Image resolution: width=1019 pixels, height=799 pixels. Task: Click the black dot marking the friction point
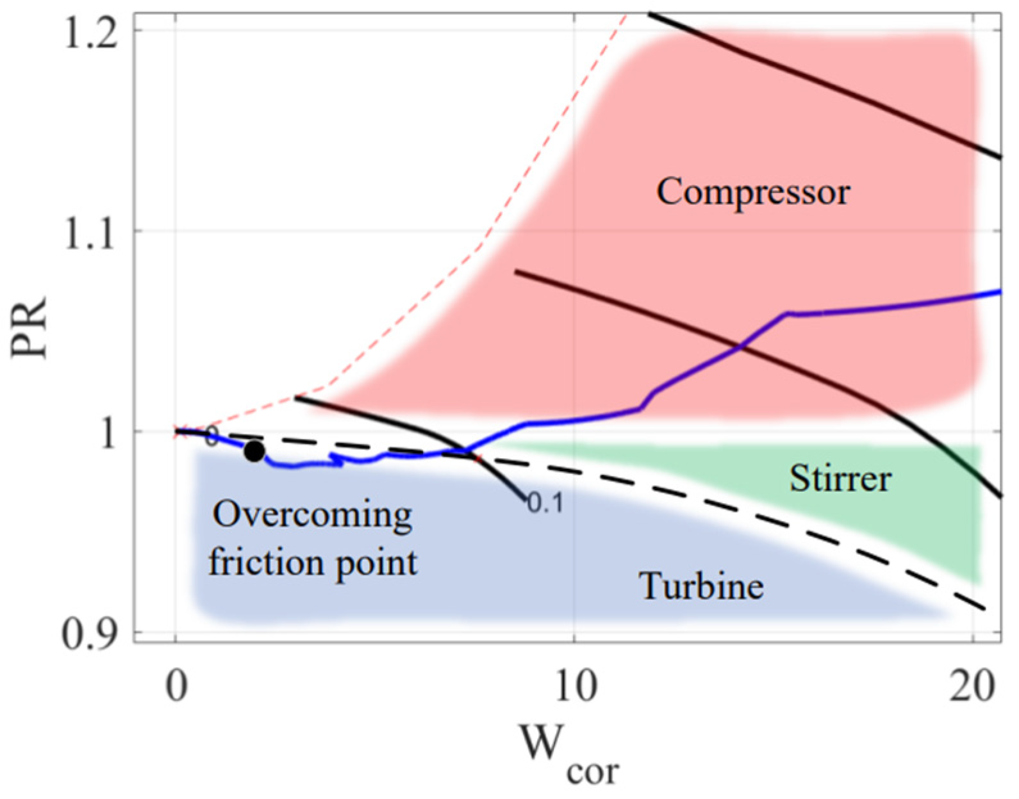(254, 452)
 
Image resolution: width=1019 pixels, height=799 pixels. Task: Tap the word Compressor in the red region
(753, 192)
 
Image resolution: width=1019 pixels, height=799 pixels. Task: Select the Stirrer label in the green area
(840, 479)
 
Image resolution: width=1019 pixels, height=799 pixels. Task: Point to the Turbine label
(702, 586)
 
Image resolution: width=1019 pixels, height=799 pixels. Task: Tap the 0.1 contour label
(545, 504)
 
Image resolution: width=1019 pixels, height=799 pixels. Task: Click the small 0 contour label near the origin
(211, 439)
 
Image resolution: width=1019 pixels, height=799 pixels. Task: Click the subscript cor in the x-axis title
(593, 771)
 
